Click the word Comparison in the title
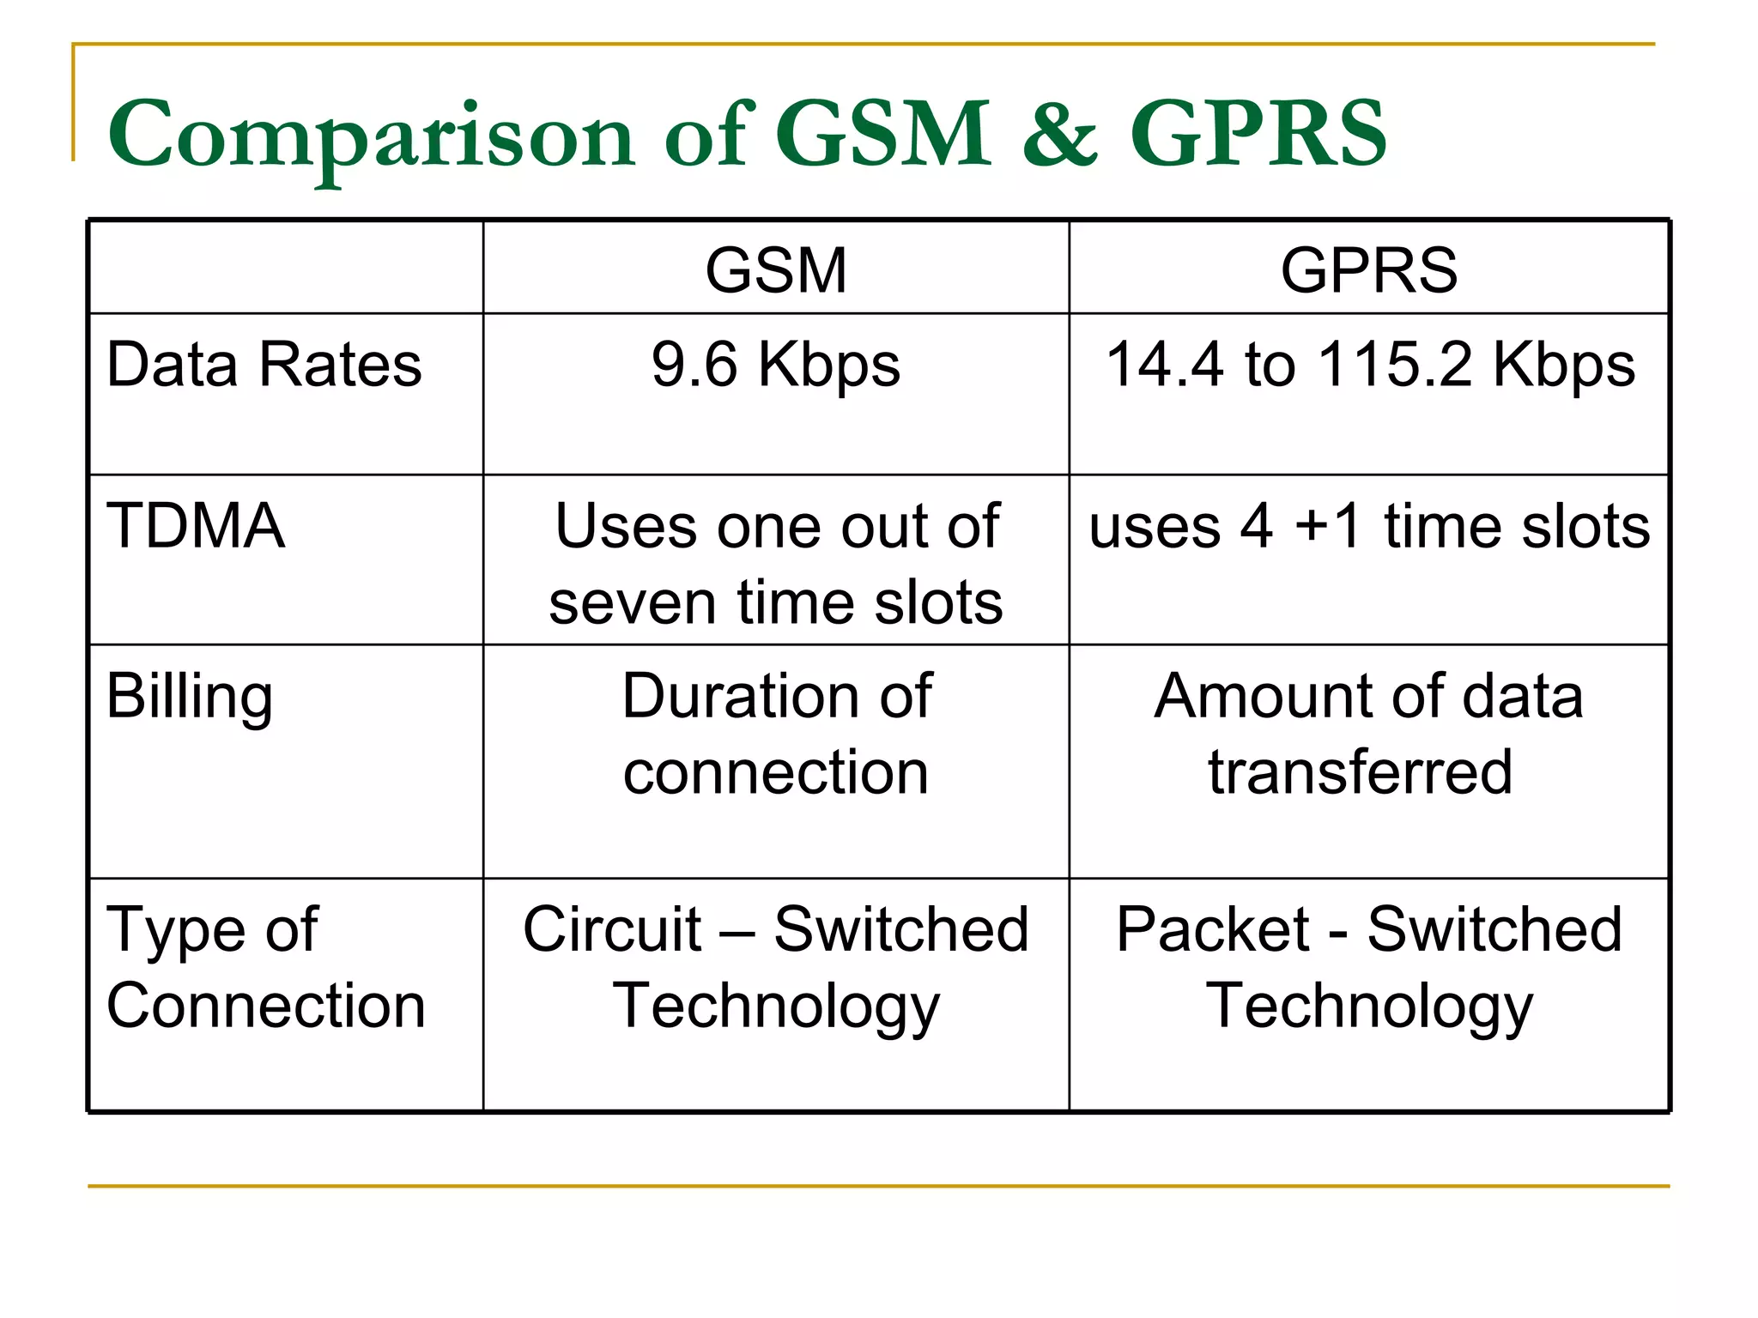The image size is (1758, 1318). [371, 136]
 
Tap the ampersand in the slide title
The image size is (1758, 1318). [1060, 136]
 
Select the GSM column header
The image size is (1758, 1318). [776, 270]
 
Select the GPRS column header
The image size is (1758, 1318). [1368, 270]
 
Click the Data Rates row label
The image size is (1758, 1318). [264, 365]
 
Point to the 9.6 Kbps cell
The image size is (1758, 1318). [776, 365]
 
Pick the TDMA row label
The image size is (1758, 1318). [196, 525]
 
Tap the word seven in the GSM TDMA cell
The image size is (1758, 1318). [633, 602]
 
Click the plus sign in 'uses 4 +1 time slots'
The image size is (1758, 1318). [1312, 525]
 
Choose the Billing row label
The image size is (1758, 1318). [190, 697]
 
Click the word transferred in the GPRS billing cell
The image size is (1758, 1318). [1360, 771]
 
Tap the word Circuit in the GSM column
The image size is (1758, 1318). [613, 929]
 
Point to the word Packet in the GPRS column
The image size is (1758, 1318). [1212, 929]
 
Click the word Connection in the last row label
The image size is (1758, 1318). [266, 1006]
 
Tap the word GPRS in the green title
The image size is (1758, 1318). [1258, 136]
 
